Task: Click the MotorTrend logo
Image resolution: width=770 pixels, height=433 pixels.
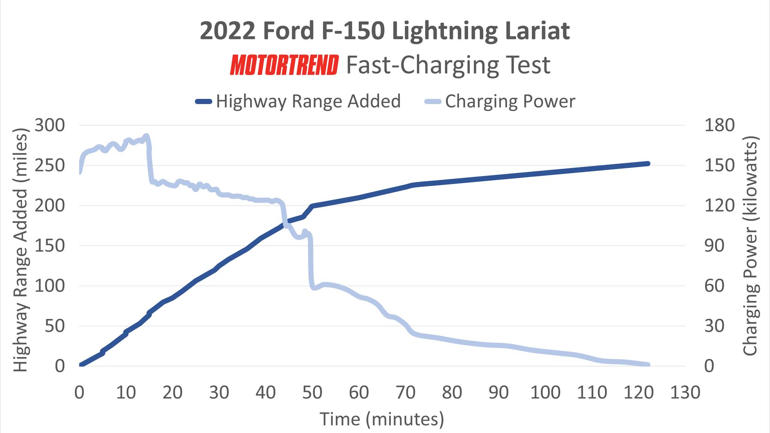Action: [284, 65]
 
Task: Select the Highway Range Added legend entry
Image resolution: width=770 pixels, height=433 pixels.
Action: [299, 101]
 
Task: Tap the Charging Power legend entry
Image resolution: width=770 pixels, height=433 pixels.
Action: [500, 101]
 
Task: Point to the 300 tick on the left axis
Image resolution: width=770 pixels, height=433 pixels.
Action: [50, 125]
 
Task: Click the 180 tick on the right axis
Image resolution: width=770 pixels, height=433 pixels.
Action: [719, 125]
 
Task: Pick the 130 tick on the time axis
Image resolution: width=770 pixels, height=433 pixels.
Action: [685, 392]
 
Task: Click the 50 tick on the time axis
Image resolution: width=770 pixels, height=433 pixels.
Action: [312, 392]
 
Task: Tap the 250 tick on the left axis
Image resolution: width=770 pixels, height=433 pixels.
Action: [50, 165]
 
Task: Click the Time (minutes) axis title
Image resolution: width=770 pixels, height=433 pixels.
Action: [382, 419]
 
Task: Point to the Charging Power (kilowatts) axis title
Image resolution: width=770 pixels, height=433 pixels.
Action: [750, 246]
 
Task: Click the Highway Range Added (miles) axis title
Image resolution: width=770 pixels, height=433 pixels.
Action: [21, 250]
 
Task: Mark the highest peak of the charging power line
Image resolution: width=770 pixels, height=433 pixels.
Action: [146, 136]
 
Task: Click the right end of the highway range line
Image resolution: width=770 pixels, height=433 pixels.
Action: [648, 164]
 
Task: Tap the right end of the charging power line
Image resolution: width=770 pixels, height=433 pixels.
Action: [648, 365]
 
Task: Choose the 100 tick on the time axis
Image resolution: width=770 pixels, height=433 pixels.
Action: [545, 392]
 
